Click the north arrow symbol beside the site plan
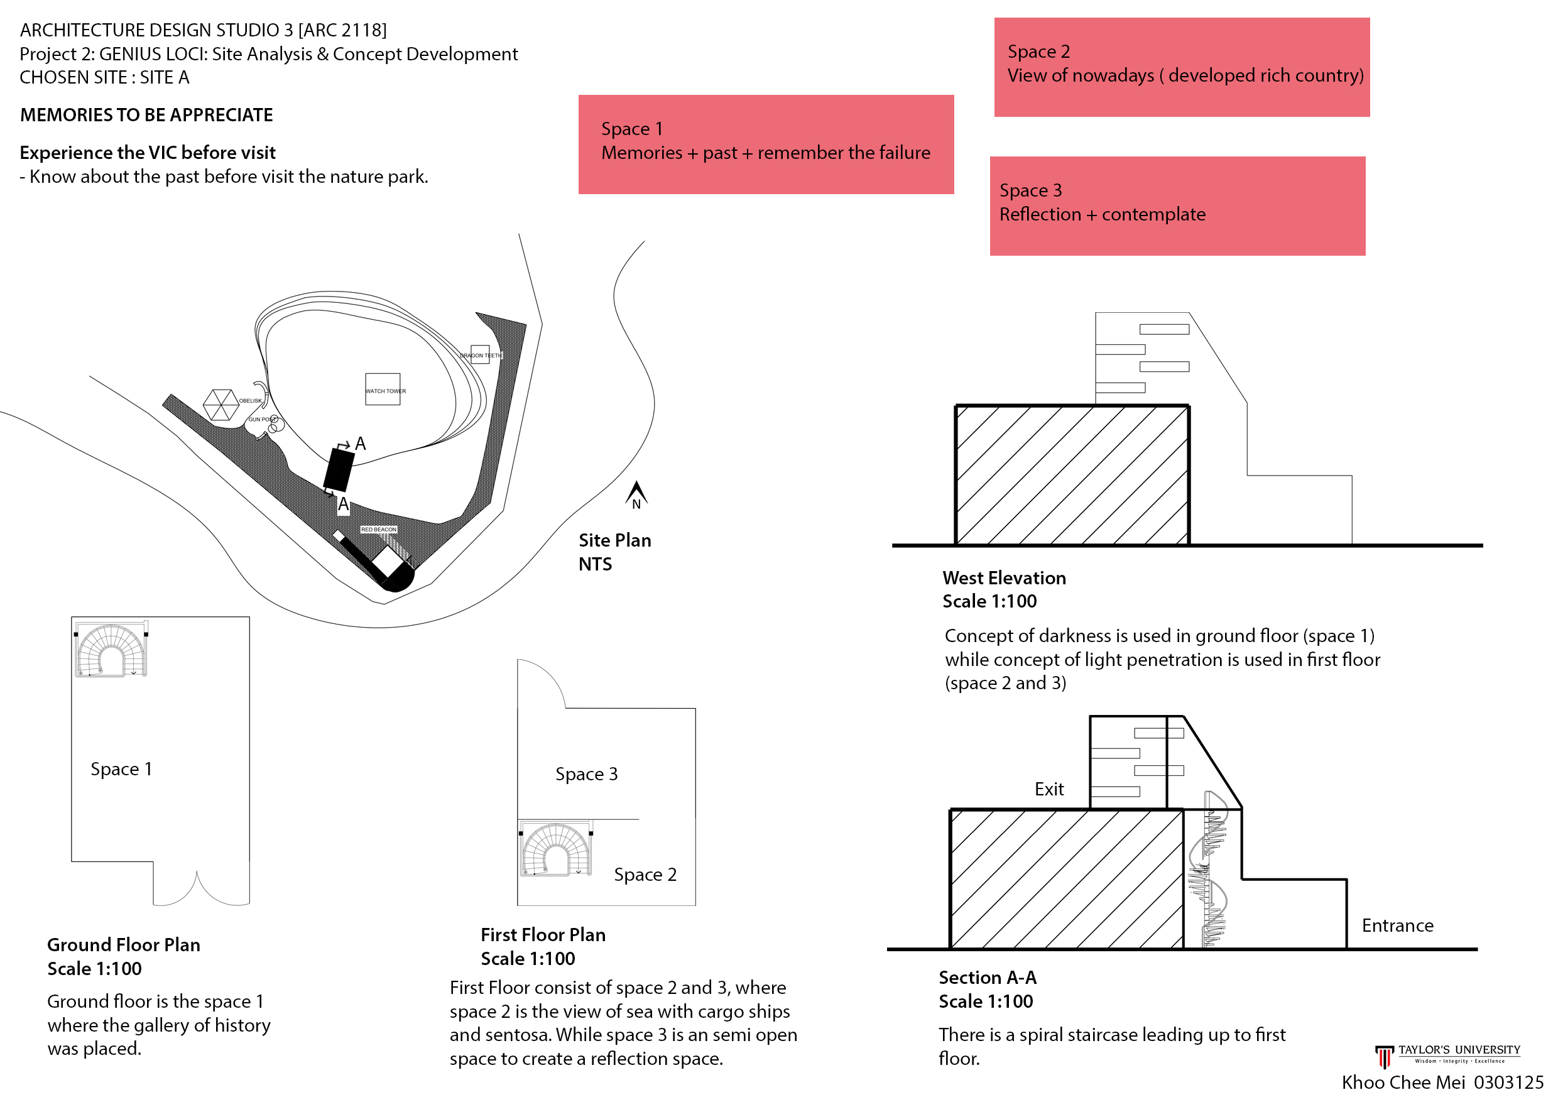(x=636, y=494)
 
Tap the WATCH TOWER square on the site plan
(x=383, y=390)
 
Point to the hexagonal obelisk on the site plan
(x=221, y=405)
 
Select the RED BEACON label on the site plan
(x=379, y=529)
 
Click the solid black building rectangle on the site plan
(x=339, y=469)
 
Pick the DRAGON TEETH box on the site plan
(x=480, y=355)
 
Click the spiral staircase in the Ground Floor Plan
(x=111, y=650)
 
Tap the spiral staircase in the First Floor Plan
(x=556, y=849)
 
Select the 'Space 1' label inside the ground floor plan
(x=121, y=769)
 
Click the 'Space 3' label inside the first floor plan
(x=586, y=773)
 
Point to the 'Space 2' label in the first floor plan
(x=645, y=875)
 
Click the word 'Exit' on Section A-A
(x=1049, y=789)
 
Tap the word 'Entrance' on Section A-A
(x=1397, y=925)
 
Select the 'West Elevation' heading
(x=1004, y=578)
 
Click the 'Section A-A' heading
(x=988, y=978)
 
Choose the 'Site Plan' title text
(x=615, y=540)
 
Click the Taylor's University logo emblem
(x=1383, y=1056)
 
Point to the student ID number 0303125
(x=1508, y=1083)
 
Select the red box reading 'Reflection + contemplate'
(x=1177, y=206)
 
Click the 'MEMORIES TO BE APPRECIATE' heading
(x=146, y=115)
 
